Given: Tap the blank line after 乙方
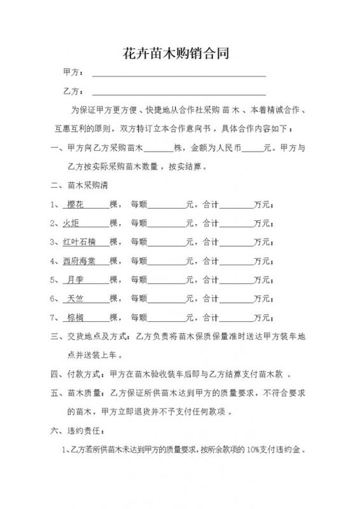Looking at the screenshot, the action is [x=179, y=92].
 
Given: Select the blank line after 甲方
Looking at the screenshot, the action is [x=179, y=76].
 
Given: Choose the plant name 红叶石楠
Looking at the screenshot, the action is [x=80, y=242].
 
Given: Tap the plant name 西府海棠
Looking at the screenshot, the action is [x=80, y=261].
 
